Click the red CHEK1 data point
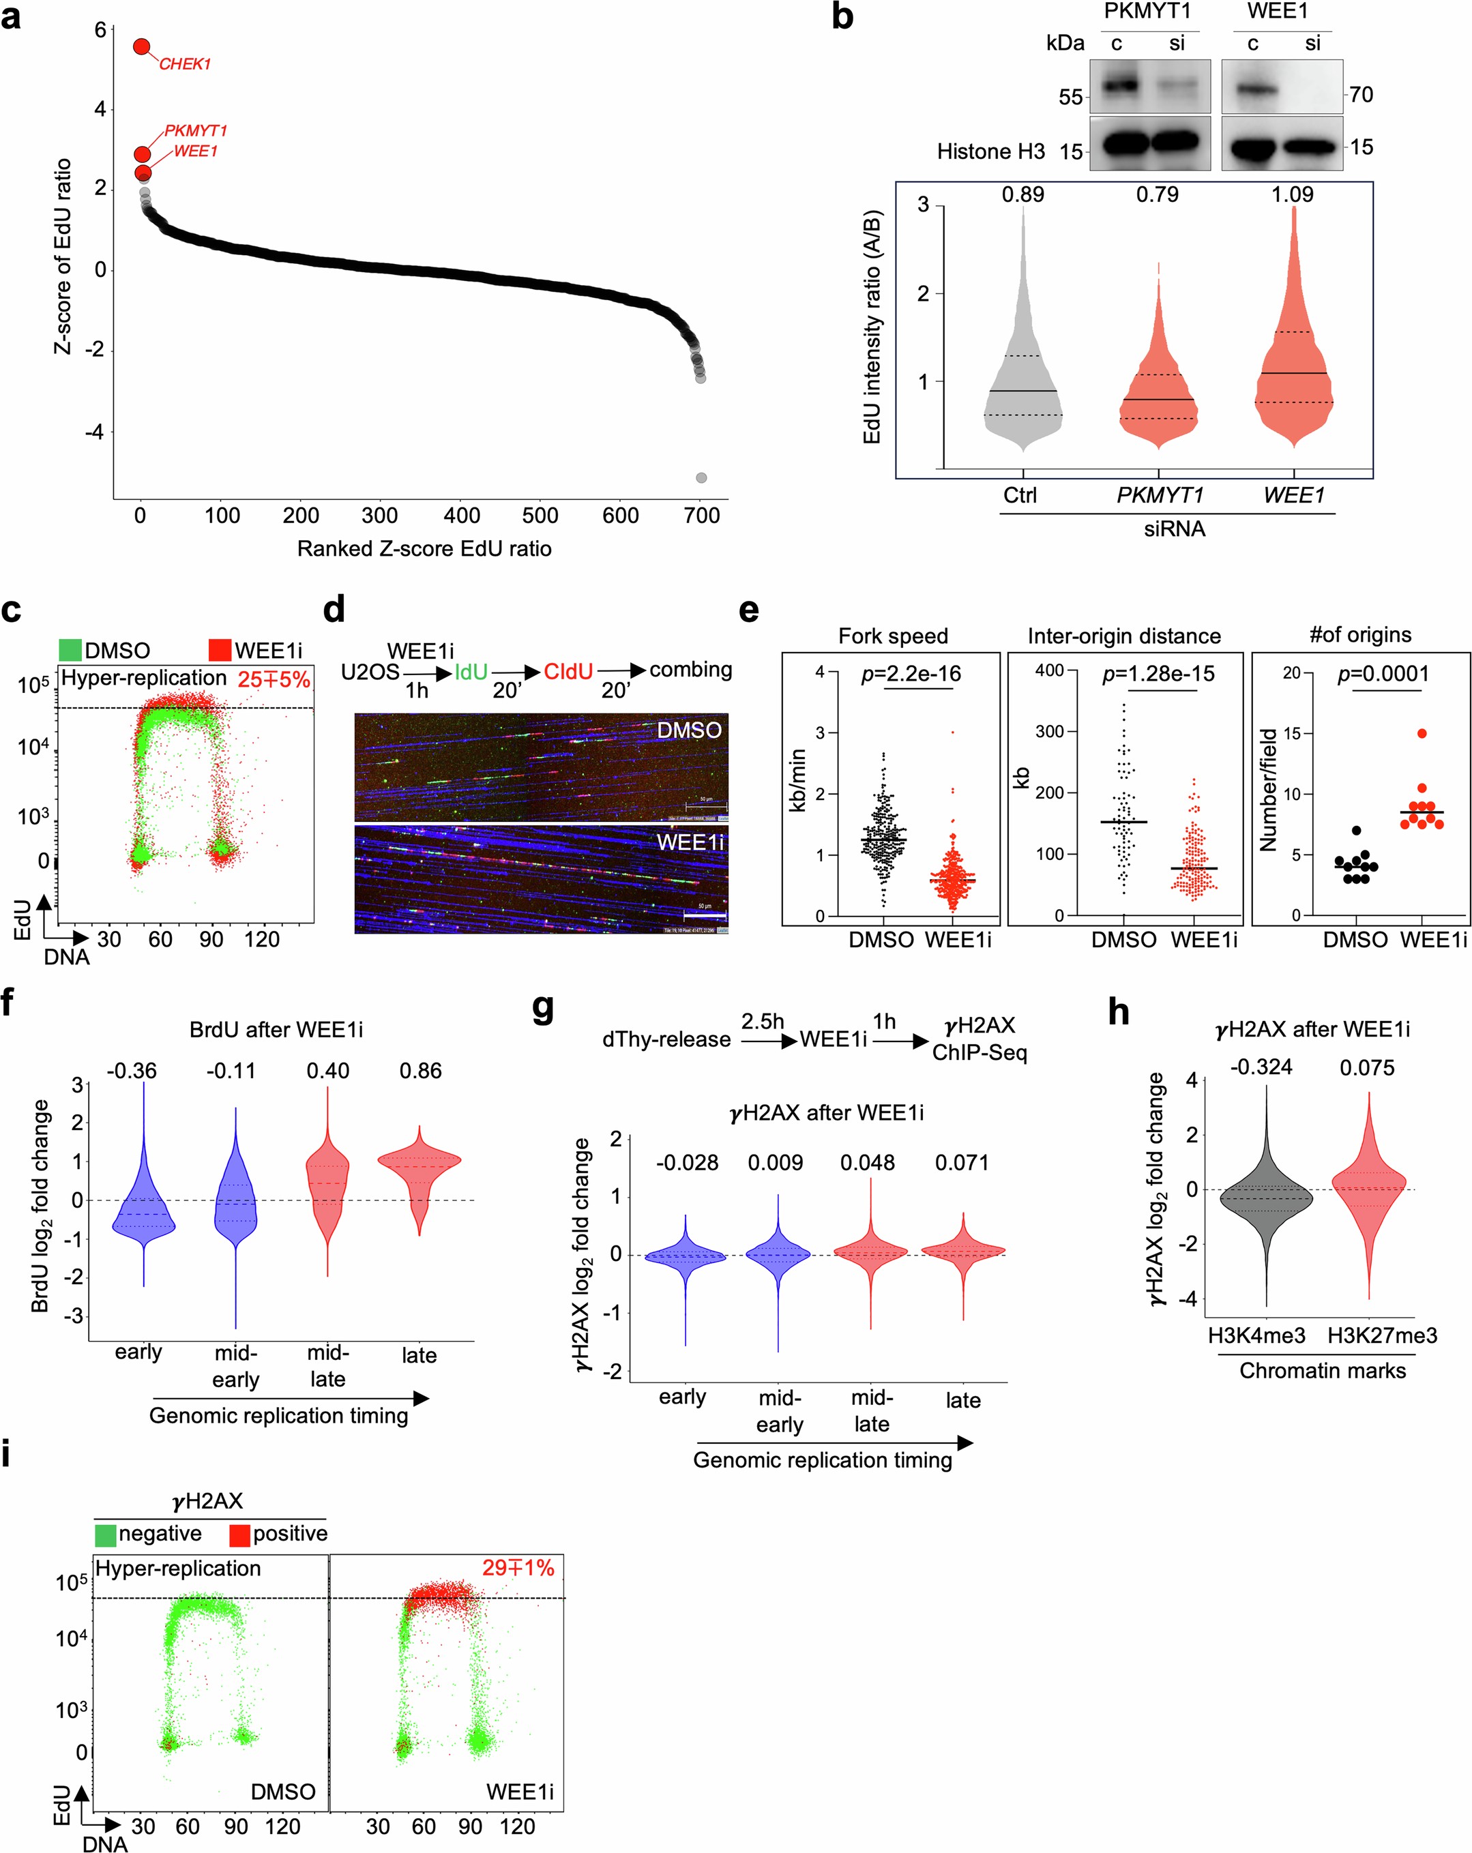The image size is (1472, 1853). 142,46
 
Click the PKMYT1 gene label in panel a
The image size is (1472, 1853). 195,131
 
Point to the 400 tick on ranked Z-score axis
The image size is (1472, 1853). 461,516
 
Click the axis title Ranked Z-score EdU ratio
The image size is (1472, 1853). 424,548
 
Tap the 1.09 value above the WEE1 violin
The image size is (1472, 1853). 1293,195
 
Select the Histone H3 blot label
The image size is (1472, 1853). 990,152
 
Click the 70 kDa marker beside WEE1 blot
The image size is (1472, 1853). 1361,95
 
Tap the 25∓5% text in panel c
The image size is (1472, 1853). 274,680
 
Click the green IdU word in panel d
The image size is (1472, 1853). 471,672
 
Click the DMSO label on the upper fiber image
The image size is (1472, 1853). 689,730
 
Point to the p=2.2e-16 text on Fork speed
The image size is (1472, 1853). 911,675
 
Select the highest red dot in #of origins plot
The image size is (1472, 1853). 1422,733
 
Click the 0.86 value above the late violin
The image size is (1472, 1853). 420,1071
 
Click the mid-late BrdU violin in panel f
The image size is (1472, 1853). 327,1186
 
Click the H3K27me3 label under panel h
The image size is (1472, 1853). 1382,1335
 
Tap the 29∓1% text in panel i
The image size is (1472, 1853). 518,1568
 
